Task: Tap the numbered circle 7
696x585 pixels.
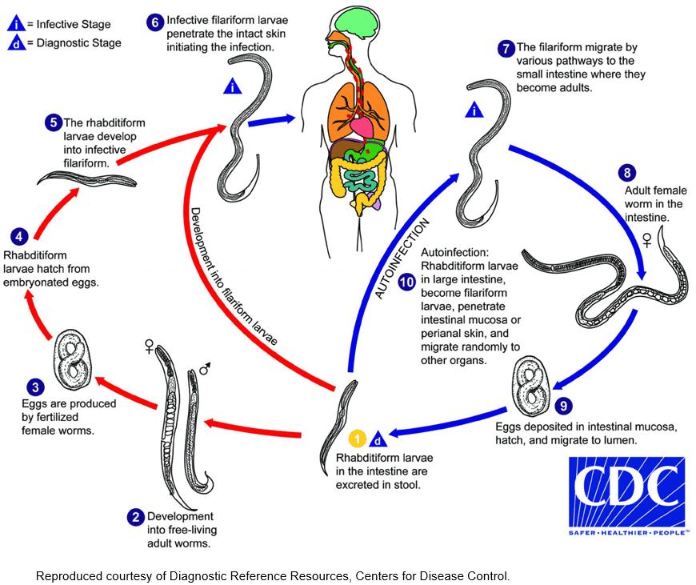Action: coord(505,48)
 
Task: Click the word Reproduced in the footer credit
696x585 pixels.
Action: coord(70,575)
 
